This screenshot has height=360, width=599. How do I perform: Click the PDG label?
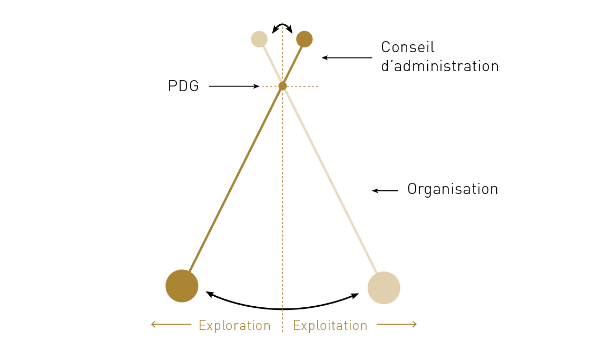pos(183,86)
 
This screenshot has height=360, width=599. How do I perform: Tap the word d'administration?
pos(439,66)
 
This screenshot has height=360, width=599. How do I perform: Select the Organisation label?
pos(453,189)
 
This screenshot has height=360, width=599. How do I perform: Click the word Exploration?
pos(234,326)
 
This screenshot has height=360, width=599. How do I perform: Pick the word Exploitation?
pos(330,326)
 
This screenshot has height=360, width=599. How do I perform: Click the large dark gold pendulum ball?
pos(182,286)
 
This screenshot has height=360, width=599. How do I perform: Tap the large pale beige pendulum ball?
pos(384,288)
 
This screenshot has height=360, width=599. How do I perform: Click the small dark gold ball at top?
pos(305,39)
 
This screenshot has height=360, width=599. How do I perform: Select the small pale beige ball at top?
pos(259,39)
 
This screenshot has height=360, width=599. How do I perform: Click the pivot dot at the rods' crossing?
pos(282,86)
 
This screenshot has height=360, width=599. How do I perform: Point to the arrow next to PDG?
pos(234,86)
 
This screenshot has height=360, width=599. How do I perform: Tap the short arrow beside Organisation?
pos(385,191)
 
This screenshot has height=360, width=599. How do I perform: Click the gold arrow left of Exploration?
pos(171,325)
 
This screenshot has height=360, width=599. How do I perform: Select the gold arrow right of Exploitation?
pos(397,325)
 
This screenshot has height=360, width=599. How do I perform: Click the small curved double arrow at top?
pos(282,26)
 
